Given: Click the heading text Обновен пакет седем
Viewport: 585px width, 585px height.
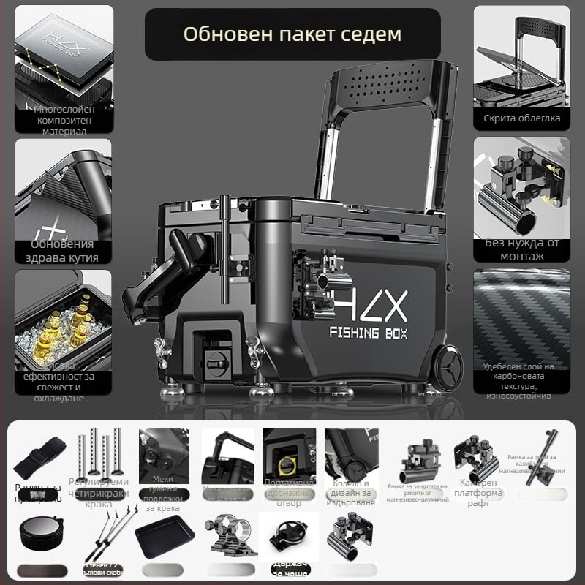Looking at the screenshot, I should point(292,34).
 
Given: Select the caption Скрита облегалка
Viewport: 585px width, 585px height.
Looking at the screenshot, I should point(521,118).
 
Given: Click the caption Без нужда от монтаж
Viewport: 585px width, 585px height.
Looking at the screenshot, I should point(521,250).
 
